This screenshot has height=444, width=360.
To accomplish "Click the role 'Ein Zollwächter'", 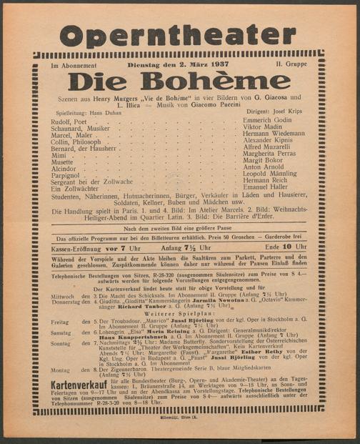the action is [x=74, y=188].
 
